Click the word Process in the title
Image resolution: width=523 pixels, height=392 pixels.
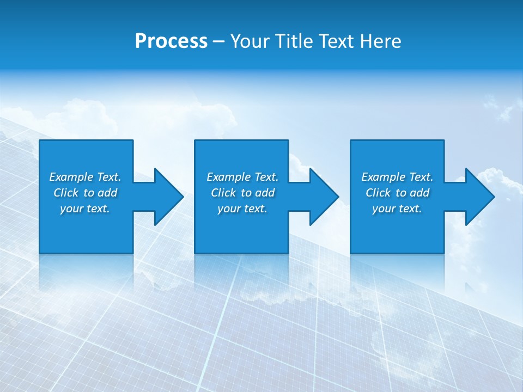[x=171, y=41]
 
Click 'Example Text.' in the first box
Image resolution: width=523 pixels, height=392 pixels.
[x=85, y=177]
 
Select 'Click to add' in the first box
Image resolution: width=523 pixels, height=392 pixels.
[x=85, y=193]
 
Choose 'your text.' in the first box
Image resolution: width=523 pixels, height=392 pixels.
[x=85, y=209]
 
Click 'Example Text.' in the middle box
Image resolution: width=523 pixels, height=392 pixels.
[x=242, y=177]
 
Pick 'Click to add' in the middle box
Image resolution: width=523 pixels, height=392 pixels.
[x=242, y=193]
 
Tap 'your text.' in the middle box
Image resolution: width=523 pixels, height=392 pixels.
[x=242, y=209]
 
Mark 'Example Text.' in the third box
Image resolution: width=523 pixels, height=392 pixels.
[x=397, y=177]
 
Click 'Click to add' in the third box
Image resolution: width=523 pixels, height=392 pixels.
[x=397, y=193]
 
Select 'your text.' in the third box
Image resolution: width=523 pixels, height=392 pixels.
[x=397, y=209]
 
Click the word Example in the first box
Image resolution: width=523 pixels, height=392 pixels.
[x=71, y=177]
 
